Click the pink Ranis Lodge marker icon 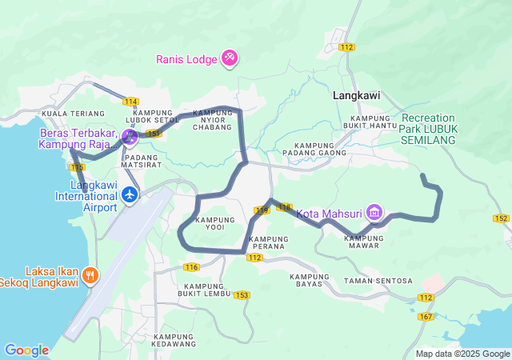230,57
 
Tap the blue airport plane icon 130,194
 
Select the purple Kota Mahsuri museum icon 374,213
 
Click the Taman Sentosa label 378,281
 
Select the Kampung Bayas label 310,280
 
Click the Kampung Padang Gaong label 315,148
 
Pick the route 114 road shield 131,101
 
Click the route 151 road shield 154,134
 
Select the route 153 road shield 242,295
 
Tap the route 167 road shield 426,318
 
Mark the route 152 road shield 501,218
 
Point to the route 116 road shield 190,266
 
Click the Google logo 26,350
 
